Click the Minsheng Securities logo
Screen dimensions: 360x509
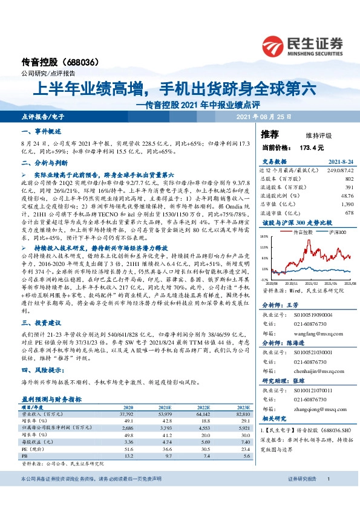[x=314, y=44]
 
